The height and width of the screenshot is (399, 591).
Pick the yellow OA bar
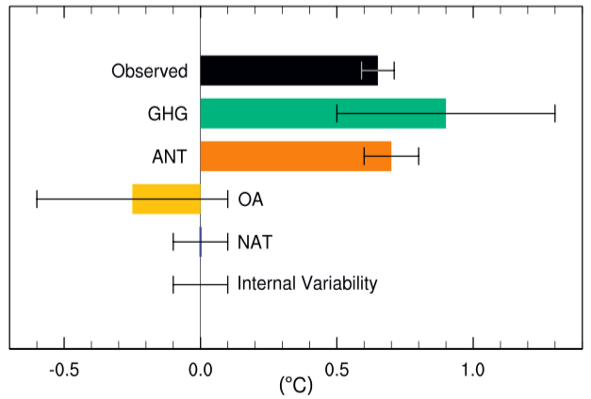(166, 199)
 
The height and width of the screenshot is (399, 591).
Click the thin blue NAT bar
(201, 242)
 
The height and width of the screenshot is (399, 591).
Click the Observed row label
(150, 72)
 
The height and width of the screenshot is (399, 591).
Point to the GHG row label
(168, 114)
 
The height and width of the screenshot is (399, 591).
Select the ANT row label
(170, 156)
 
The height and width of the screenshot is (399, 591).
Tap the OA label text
(250, 199)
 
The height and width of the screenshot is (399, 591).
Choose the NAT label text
(254, 242)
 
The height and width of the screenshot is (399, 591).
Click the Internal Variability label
(307, 282)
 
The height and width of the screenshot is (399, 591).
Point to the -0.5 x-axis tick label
(65, 369)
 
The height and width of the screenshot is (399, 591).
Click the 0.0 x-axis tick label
(201, 369)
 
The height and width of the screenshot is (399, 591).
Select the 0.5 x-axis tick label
(337, 369)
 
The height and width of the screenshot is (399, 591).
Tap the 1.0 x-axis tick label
(472, 369)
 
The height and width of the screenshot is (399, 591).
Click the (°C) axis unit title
(295, 385)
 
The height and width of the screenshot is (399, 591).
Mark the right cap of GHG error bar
(554, 114)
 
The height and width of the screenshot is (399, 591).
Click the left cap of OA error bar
(37, 199)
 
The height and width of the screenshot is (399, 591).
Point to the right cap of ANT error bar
(419, 156)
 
